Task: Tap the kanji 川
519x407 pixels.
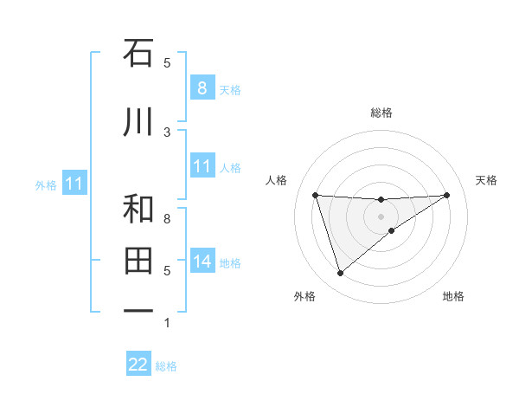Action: pos(138,123)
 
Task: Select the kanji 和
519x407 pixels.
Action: pos(138,210)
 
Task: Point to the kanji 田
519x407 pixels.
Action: pos(138,260)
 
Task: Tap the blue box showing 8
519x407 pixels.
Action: pos(202,87)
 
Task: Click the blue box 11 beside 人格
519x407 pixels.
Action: pos(202,166)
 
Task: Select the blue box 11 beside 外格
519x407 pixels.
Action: pos(74,184)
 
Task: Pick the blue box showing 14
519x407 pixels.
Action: pos(202,262)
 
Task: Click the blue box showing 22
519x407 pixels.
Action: pos(138,365)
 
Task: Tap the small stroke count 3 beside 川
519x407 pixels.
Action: pos(167,132)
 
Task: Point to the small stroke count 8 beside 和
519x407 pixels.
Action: pos(167,218)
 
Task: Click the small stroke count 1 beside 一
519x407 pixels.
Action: pos(167,323)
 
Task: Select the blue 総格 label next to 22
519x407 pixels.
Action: pos(166,366)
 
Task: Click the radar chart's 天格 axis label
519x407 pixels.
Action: pos(487,180)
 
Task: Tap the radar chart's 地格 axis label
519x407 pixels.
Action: pos(453,296)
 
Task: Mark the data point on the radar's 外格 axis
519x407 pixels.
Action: pos(340,274)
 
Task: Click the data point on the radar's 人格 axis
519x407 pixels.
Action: pos(316,195)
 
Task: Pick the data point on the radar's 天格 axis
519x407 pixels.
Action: pos(446,195)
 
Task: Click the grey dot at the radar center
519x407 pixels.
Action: pos(381,216)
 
